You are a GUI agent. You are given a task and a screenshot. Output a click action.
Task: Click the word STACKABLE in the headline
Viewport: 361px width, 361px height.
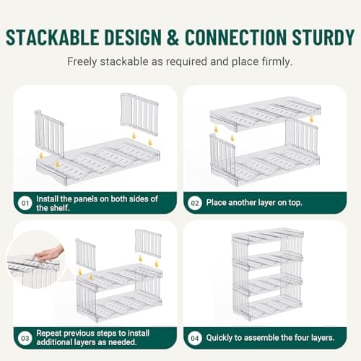click(x=52, y=38)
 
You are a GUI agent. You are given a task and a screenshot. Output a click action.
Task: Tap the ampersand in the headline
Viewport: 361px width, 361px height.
click(x=173, y=38)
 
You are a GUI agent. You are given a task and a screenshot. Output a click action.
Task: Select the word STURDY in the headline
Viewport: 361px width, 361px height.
click(x=323, y=38)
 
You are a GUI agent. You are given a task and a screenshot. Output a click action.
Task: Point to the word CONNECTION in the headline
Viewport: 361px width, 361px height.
click(x=235, y=38)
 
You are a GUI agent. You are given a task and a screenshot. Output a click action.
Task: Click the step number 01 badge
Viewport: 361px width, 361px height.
click(x=25, y=203)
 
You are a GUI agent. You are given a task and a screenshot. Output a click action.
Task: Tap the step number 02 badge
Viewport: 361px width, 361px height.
click(x=195, y=203)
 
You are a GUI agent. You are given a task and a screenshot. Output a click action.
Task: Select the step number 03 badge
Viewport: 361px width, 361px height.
click(x=25, y=338)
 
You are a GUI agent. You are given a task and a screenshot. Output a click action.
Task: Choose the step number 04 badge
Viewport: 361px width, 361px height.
click(x=195, y=338)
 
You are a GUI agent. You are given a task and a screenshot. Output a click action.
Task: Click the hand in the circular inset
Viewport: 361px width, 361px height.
click(x=48, y=253)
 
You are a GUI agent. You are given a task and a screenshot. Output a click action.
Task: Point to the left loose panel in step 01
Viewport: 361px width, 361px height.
click(x=49, y=134)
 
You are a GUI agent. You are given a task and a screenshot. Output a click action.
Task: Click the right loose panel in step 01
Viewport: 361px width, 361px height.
click(x=139, y=113)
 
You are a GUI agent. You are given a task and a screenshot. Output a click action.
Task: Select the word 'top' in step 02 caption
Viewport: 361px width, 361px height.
click(x=295, y=203)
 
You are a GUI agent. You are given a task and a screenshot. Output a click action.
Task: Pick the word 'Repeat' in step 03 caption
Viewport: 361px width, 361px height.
click(x=49, y=334)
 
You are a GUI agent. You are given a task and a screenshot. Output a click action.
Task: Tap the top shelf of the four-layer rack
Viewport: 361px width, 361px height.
click(x=268, y=236)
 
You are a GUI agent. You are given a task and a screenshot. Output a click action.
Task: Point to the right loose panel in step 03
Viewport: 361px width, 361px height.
click(x=148, y=243)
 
